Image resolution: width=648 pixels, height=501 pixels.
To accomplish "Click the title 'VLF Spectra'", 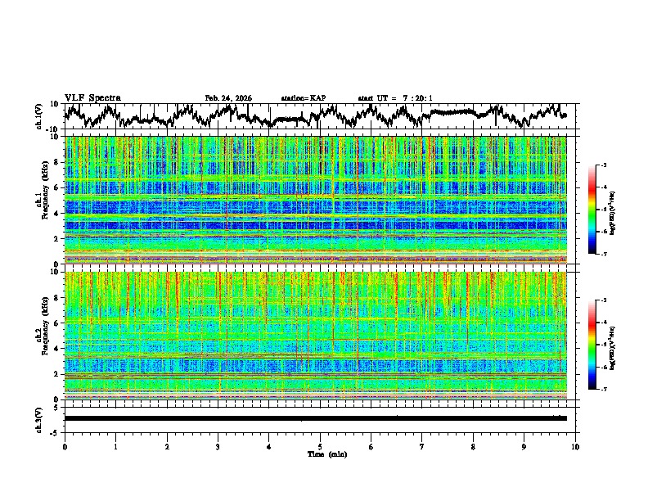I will coord(92,98).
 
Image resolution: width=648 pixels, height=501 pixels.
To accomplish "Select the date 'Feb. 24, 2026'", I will coord(228,98).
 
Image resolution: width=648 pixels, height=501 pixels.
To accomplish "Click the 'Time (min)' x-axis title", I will coord(320,454).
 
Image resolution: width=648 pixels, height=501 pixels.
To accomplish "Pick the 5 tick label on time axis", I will coord(320,446).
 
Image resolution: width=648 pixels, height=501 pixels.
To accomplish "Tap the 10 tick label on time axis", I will coord(575,446).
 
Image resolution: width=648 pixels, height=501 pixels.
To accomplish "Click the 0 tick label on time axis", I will coord(65,446).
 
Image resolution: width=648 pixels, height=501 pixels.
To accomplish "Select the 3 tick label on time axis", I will coord(218,446).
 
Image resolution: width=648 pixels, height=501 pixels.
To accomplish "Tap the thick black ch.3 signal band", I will coord(315,418).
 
